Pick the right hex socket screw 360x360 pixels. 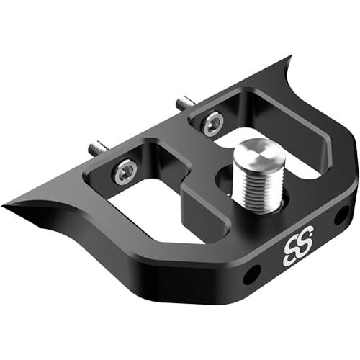pyautogui.click(x=212, y=124)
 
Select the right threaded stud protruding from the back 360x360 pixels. pyautogui.click(x=184, y=103)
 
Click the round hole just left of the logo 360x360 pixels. pyautogui.click(x=252, y=274)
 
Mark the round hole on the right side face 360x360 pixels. pyautogui.click(x=341, y=214)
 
